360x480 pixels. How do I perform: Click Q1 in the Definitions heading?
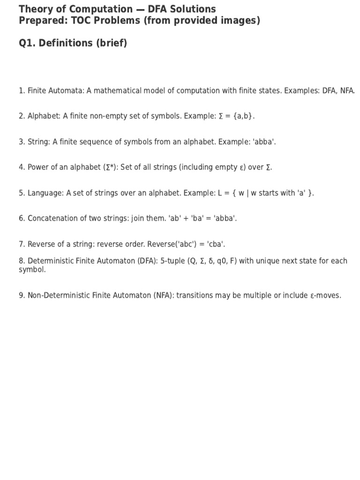click(27, 43)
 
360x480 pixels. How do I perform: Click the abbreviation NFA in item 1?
click(347, 90)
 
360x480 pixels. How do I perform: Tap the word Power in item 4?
click(38, 167)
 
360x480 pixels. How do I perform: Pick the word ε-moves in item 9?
click(327, 295)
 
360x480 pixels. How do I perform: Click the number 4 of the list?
click(21, 167)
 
